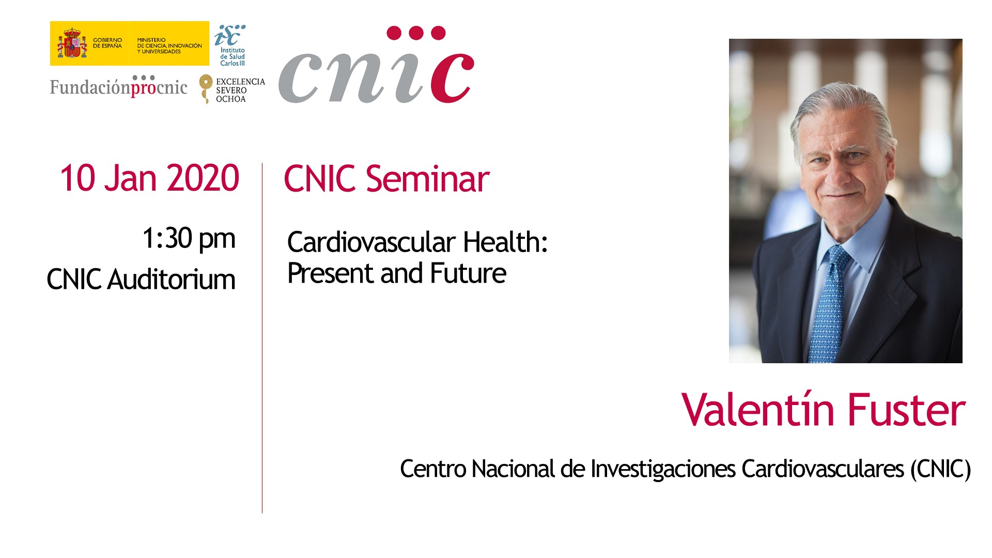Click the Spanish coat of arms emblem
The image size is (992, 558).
(x=72, y=43)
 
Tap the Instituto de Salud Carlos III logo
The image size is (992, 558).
(x=230, y=45)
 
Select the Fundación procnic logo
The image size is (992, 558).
(x=119, y=86)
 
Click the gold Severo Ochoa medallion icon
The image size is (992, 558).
(x=206, y=88)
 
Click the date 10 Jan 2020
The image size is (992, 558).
(x=149, y=178)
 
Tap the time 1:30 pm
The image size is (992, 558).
(x=189, y=239)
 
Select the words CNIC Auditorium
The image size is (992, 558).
(x=141, y=280)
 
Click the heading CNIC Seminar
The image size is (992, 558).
(x=386, y=179)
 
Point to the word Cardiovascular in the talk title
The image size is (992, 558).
(x=371, y=242)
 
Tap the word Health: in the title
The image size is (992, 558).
(x=505, y=242)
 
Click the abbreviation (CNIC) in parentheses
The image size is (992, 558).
(x=940, y=469)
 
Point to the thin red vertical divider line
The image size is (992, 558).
(x=262, y=338)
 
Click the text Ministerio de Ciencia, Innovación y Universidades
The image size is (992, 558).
(x=169, y=45)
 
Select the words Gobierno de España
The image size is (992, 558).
(x=107, y=43)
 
